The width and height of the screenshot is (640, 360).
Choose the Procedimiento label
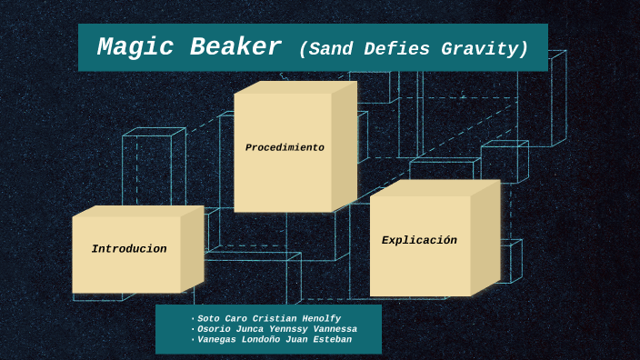285,147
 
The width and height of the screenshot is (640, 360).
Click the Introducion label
129,249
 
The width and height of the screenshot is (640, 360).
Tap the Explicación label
419,240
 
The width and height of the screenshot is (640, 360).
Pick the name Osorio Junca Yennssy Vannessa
276,329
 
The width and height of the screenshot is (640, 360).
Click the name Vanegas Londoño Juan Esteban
274,340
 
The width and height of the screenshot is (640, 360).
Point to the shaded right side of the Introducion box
192,249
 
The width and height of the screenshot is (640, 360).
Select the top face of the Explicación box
435,188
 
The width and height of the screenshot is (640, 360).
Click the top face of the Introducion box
137,211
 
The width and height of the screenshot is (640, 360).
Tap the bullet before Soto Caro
193,319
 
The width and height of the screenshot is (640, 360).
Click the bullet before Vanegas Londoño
193,341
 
